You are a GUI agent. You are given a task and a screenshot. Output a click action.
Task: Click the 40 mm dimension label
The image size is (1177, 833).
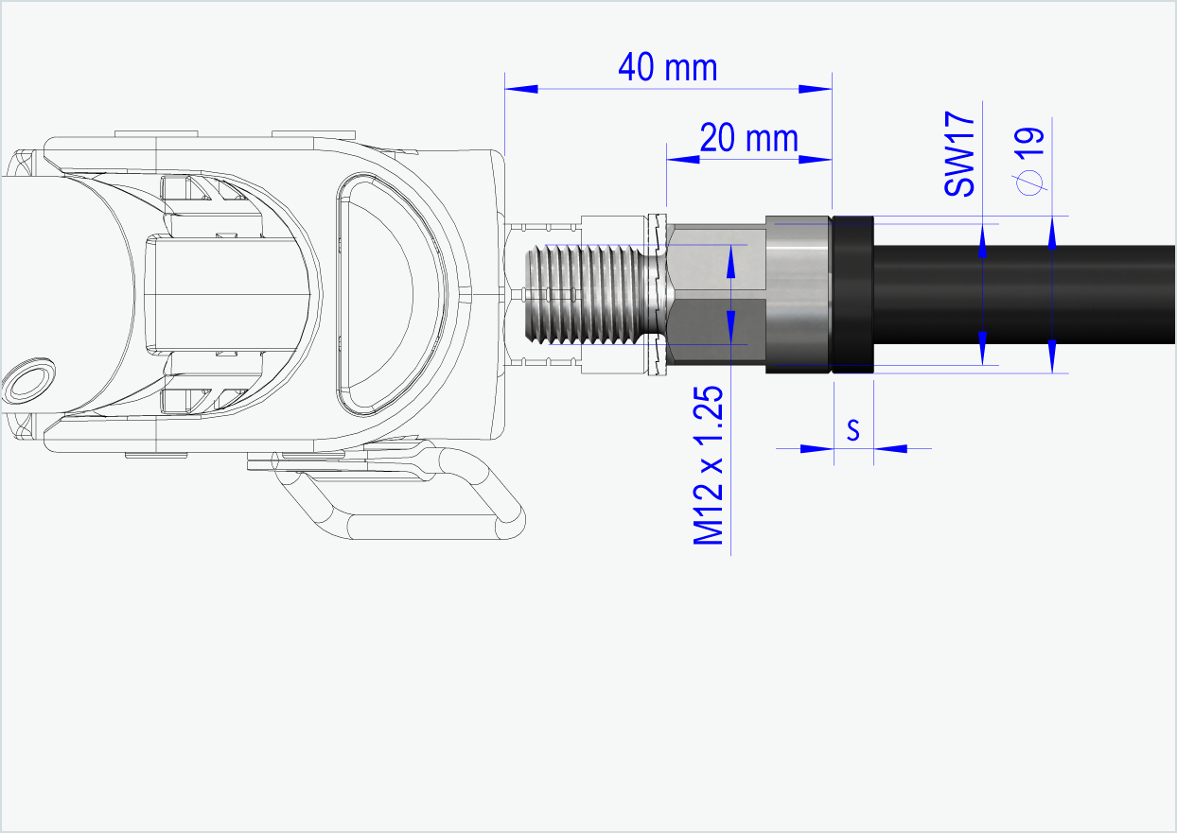coord(667,67)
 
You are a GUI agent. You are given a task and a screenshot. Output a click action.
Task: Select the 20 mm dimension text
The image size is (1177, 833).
coord(748,139)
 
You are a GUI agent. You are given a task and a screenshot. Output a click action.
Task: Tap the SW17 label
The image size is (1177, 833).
coord(959,154)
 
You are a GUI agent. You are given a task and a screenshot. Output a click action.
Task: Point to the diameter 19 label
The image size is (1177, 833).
coord(1028,160)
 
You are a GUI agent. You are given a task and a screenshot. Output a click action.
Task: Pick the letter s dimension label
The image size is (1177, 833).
coord(852,430)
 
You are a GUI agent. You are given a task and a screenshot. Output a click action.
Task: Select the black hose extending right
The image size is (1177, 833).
coord(1022,293)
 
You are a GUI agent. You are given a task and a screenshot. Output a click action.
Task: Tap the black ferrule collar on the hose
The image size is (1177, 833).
coord(851,294)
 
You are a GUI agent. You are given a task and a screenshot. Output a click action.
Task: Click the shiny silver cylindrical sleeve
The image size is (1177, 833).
coord(797,294)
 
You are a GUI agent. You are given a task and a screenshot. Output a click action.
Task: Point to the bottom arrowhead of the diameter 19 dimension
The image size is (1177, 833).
coord(1052,356)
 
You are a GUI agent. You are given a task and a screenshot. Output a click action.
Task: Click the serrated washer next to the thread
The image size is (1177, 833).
coord(653,294)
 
